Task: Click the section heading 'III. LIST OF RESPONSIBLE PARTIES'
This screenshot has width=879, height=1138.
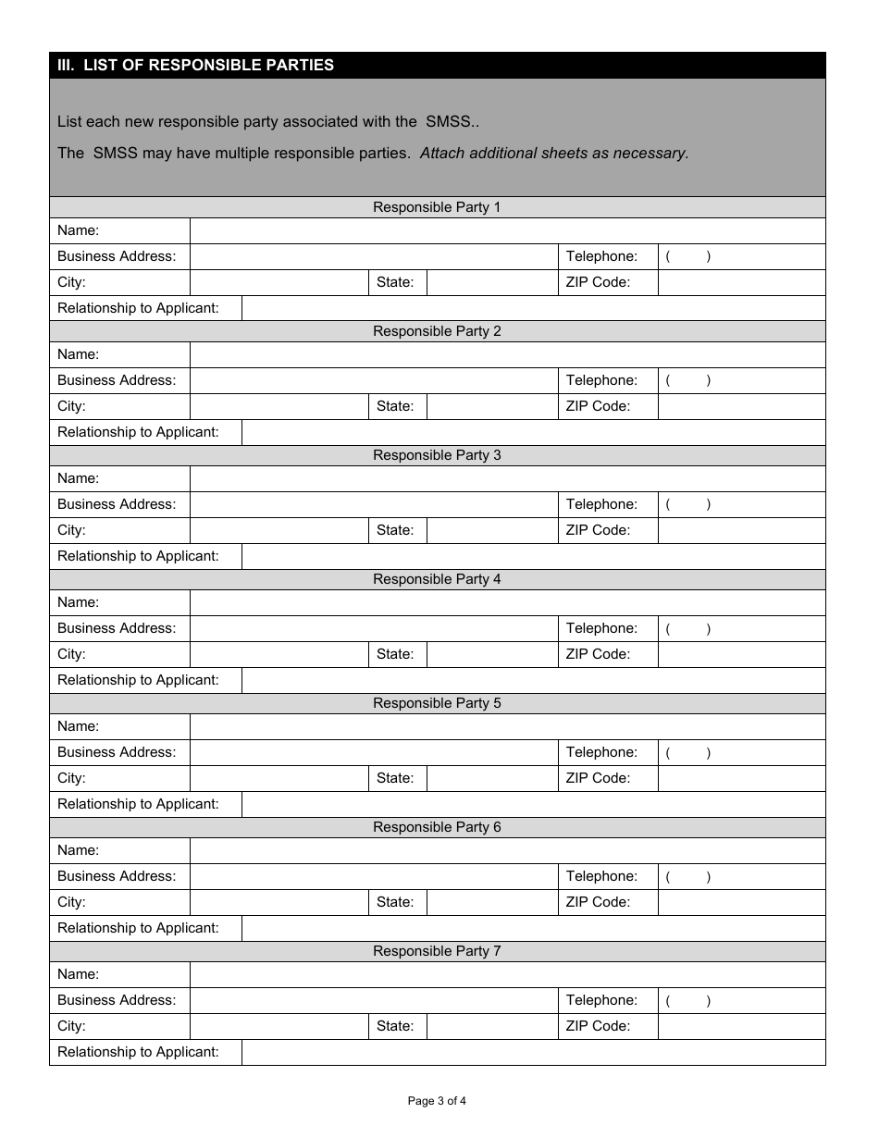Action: [195, 65]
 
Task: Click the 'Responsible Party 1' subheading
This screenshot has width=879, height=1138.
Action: [437, 207]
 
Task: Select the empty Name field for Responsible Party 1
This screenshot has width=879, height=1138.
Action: [507, 230]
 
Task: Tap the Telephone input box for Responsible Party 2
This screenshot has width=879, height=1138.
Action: [741, 380]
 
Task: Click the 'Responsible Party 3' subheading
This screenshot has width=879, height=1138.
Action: [437, 455]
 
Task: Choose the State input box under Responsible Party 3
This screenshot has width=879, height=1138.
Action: [491, 530]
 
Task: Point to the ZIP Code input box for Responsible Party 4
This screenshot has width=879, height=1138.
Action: [741, 654]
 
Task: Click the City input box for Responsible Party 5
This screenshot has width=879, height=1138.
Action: [279, 778]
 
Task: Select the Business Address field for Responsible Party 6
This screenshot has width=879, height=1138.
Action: [373, 876]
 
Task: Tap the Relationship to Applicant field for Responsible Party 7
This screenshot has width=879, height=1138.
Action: [533, 1052]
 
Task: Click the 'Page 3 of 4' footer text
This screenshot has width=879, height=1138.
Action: [437, 1101]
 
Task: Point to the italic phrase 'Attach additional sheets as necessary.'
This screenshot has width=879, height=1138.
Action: [554, 154]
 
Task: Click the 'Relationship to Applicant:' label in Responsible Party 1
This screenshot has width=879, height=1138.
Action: [138, 308]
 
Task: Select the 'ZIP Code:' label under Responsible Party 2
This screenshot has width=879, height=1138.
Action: [598, 406]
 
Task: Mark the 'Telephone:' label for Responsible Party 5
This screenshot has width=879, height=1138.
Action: [601, 752]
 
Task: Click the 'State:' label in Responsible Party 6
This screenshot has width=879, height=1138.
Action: [395, 902]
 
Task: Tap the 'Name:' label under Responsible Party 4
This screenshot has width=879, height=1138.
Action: [78, 602]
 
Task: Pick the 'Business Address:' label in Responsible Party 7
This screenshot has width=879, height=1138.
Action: [116, 1000]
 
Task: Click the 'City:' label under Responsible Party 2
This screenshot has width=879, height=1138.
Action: [71, 406]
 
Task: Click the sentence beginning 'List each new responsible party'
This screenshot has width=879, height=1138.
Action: [268, 121]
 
